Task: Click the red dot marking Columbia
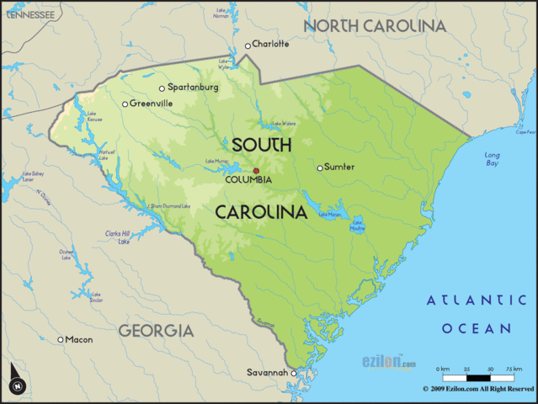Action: click(256, 170)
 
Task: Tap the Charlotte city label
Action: click(271, 44)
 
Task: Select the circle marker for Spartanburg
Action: click(162, 88)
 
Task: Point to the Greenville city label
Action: click(152, 104)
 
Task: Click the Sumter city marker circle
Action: click(320, 167)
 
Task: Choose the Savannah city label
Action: click(268, 372)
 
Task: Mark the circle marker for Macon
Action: click(61, 339)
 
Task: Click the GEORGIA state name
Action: click(155, 331)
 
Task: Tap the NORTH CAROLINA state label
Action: click(375, 26)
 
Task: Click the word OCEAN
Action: click(481, 328)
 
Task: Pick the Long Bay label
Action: click(492, 159)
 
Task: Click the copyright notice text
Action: click(477, 390)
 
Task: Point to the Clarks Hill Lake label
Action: click(118, 237)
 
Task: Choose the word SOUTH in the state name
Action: click(262, 145)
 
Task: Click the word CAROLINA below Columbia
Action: click(261, 212)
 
